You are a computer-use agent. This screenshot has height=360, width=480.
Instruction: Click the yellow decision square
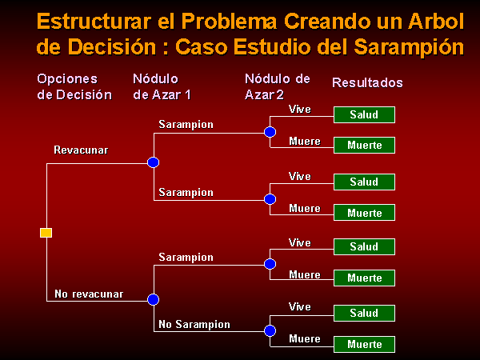click(46, 233)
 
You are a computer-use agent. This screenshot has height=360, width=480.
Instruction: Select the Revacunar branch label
click(81, 150)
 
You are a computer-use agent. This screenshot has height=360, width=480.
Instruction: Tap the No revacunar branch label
click(89, 294)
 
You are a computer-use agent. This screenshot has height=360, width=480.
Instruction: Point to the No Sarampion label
click(194, 325)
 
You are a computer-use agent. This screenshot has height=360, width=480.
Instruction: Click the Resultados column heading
click(367, 82)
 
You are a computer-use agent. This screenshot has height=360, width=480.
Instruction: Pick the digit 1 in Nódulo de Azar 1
click(188, 94)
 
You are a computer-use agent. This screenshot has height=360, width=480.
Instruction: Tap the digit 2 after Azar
click(280, 94)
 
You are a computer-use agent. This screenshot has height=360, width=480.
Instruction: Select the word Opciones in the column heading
click(67, 79)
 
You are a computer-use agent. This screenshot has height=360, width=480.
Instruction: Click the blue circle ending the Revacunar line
click(153, 162)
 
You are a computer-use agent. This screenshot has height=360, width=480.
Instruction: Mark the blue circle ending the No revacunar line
click(153, 299)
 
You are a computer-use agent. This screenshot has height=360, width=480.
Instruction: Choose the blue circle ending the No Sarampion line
click(270, 331)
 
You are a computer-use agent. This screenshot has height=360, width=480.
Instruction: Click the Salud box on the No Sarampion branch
click(364, 313)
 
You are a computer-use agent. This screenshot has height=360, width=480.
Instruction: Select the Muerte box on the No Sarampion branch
click(364, 344)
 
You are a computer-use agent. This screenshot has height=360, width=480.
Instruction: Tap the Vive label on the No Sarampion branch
click(300, 306)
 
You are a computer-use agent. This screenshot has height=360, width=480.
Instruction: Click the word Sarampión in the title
click(409, 47)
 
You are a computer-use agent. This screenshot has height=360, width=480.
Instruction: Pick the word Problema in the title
click(229, 22)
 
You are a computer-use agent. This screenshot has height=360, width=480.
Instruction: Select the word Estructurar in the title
click(94, 22)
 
